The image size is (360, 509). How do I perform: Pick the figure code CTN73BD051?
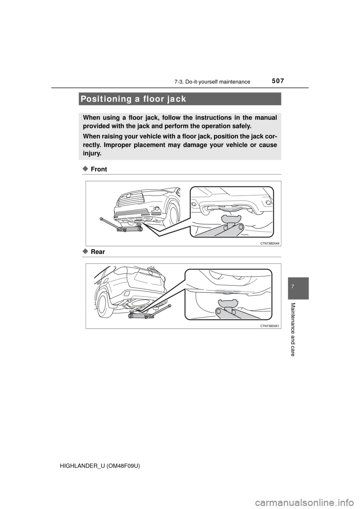pyautogui.click(x=269, y=326)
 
